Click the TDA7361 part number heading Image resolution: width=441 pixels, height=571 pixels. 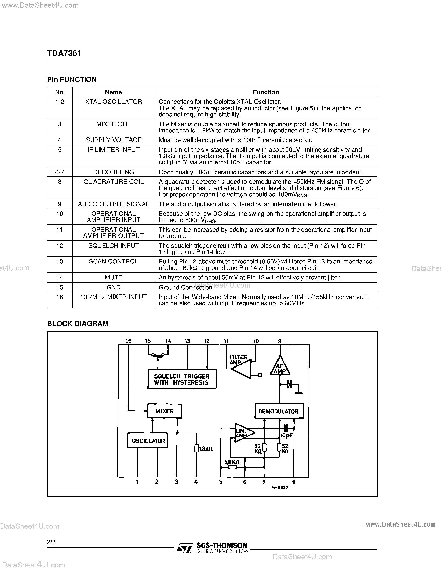click(64, 53)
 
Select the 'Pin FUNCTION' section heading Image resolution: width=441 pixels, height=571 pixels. click(72, 80)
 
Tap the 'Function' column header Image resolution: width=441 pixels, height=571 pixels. click(266, 92)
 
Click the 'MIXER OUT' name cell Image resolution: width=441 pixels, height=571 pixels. click(113, 124)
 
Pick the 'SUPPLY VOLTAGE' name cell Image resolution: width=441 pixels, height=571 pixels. click(113, 140)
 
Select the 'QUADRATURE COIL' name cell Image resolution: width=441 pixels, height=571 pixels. click(113, 182)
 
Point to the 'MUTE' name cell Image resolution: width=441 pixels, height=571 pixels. click(113, 277)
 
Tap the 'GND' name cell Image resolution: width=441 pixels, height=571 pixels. click(113, 287)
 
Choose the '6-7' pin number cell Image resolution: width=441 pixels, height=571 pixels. click(60, 172)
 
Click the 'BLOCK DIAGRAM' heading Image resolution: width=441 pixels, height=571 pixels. click(78, 324)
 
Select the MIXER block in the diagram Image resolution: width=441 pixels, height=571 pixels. click(165, 411)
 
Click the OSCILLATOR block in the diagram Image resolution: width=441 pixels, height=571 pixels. click(148, 441)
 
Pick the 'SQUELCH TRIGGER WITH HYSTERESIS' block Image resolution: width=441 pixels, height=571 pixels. click(182, 379)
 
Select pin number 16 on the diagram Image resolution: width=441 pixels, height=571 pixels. click(128, 341)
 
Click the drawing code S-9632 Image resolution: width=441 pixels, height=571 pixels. click(280, 487)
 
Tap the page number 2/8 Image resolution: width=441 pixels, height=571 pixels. click(51, 542)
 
